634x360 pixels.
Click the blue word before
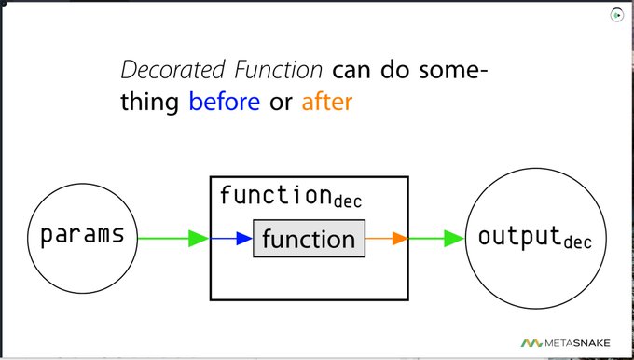pos(224,101)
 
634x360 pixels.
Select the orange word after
pos(326,101)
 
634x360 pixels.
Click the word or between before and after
pos(280,101)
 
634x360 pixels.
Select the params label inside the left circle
pos(82,234)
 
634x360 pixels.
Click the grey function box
pos(309,239)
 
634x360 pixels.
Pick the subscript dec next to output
pos(577,243)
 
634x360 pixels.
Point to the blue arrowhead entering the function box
pos(244,239)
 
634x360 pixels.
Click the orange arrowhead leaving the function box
pos(399,239)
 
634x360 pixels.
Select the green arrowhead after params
pos(198,239)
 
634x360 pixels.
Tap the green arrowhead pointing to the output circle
pos(454,239)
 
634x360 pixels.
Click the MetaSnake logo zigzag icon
pos(532,342)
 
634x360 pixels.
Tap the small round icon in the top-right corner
pos(617,15)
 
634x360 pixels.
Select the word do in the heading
pos(398,70)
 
